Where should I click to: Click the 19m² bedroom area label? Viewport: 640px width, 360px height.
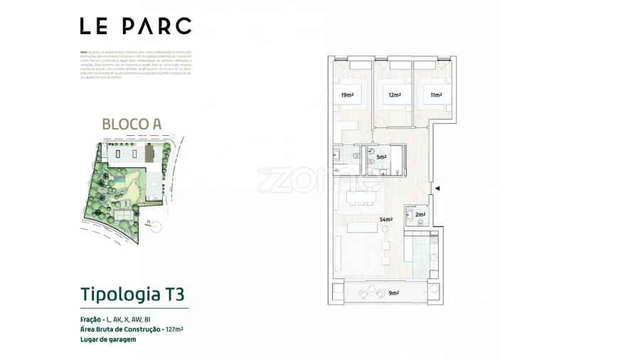coord(346,95)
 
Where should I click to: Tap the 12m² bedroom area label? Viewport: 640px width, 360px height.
coord(394,95)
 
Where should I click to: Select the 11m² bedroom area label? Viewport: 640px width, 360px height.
coord(435,95)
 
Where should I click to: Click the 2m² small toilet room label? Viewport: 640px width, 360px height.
coord(420,215)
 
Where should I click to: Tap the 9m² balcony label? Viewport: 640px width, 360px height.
coord(393,292)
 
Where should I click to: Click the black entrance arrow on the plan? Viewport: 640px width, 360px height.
coord(437,189)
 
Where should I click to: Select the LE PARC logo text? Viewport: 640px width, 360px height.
coord(135,26)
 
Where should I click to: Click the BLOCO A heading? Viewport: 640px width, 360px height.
coord(132,123)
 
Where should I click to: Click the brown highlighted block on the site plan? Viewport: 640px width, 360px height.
coord(149,154)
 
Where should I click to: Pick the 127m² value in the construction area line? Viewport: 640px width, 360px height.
coord(173,329)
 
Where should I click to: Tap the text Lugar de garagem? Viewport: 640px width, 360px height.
coord(108,340)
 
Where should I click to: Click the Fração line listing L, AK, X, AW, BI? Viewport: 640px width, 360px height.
coord(115,319)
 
